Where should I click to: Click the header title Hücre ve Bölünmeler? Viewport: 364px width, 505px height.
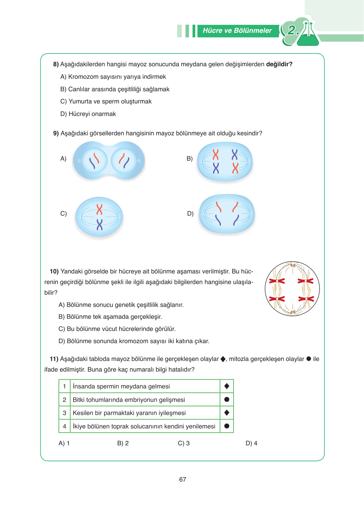(x=237, y=31)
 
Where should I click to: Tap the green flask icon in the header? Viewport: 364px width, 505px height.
(x=308, y=36)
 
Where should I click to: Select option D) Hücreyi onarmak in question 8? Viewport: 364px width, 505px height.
(x=88, y=114)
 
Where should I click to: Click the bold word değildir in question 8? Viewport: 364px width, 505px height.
(x=279, y=64)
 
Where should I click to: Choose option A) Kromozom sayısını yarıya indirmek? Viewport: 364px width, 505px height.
(x=113, y=77)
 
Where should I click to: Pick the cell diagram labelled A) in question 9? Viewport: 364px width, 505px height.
(x=109, y=161)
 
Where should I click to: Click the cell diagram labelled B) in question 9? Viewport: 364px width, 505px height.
(x=225, y=162)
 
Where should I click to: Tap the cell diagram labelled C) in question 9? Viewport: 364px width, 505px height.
(x=99, y=217)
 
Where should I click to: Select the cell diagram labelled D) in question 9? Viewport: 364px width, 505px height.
(x=227, y=214)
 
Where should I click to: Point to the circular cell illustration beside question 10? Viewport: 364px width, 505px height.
(x=292, y=289)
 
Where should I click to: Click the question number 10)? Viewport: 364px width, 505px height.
(x=54, y=271)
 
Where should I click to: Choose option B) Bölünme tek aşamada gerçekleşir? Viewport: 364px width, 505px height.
(x=110, y=317)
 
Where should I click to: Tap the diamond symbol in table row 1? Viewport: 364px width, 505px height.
(x=227, y=386)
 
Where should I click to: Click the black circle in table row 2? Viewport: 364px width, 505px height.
(x=227, y=399)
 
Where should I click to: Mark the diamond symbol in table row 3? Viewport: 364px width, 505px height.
(x=227, y=413)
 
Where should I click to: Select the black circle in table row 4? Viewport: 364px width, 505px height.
(x=227, y=426)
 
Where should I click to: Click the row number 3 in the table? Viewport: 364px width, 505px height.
(x=64, y=413)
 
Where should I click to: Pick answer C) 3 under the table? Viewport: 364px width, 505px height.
(x=184, y=443)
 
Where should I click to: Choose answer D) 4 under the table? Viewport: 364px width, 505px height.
(x=251, y=443)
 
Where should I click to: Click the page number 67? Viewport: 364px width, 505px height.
(x=182, y=479)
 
